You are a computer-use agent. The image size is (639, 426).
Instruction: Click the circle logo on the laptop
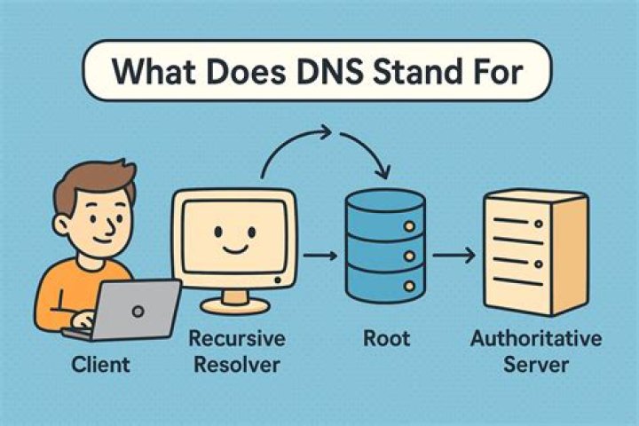(x=138, y=310)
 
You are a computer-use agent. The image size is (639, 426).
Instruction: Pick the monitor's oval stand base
(x=233, y=304)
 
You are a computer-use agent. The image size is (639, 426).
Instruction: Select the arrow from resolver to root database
(x=319, y=256)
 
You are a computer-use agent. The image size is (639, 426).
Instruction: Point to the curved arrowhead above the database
(x=384, y=170)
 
